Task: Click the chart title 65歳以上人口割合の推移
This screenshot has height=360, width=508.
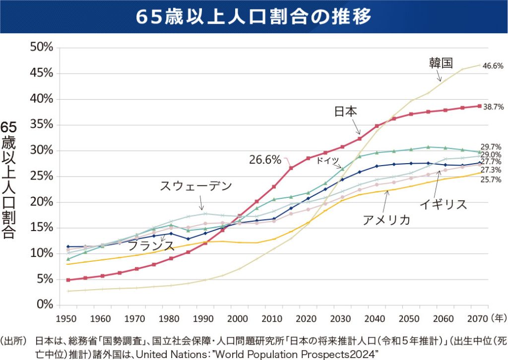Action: click(254, 16)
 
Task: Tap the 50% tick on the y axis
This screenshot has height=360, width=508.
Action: click(42, 48)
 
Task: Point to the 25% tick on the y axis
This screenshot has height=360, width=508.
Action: click(42, 176)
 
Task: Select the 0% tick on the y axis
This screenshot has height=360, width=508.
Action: click(44, 304)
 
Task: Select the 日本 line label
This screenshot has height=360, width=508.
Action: click(346, 111)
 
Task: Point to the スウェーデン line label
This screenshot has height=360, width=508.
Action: click(196, 186)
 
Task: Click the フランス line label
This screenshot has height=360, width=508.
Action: click(151, 245)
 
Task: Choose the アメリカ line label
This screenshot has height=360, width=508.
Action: click(386, 220)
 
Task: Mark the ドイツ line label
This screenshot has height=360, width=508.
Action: click(328, 160)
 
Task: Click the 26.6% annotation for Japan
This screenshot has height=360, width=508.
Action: click(265, 160)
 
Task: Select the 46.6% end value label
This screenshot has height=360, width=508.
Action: click(493, 65)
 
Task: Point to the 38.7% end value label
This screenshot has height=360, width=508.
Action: click(493, 107)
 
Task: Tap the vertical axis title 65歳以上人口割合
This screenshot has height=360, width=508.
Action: click(9, 180)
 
